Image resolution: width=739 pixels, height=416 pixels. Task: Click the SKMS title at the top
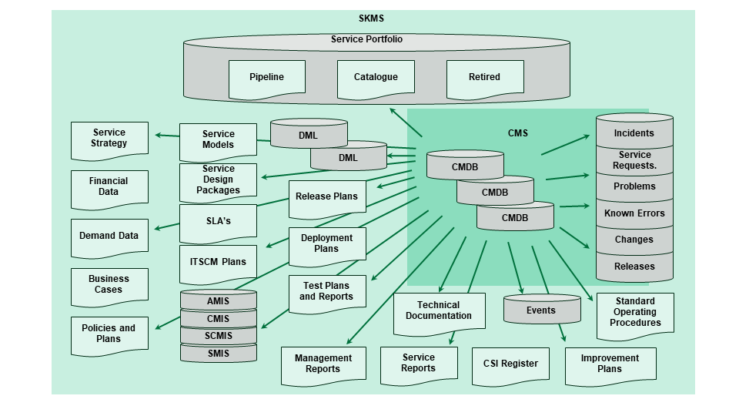[x=371, y=18]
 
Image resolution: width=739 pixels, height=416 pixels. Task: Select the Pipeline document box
[x=266, y=77]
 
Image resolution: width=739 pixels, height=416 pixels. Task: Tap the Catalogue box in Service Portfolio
[x=376, y=77]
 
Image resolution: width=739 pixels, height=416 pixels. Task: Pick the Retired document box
[x=484, y=77]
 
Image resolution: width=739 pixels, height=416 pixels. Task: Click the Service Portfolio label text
[x=366, y=39]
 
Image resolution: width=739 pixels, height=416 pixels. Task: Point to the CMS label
[x=518, y=133]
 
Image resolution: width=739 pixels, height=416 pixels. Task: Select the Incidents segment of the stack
[x=634, y=133]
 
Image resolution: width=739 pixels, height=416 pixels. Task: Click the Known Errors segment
[x=634, y=213]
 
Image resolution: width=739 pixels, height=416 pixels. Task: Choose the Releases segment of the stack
[x=634, y=267]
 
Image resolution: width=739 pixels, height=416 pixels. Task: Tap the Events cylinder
[x=540, y=310]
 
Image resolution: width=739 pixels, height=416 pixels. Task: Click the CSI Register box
[x=510, y=364]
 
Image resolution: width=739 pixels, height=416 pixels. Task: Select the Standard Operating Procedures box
[x=634, y=313]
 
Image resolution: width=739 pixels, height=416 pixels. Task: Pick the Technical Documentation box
[x=439, y=310]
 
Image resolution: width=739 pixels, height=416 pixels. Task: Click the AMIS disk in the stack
[x=218, y=301]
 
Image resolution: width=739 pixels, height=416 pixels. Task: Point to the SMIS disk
[x=218, y=354]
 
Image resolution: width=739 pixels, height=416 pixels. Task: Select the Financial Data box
[x=109, y=186]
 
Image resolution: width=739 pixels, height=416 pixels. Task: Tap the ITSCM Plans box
[x=218, y=262]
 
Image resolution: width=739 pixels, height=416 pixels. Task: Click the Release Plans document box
[x=326, y=196]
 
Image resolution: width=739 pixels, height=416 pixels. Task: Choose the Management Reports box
[x=323, y=364]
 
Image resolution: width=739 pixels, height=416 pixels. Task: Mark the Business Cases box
[x=109, y=284]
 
